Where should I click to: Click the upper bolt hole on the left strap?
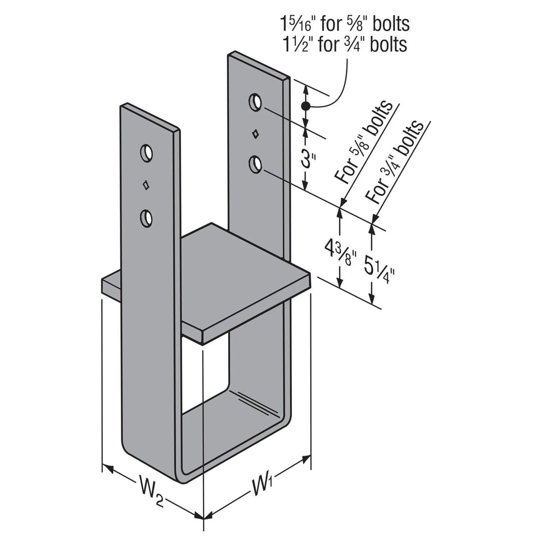(x=146, y=153)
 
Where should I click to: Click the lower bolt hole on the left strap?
(x=146, y=218)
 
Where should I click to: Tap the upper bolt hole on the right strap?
(x=255, y=102)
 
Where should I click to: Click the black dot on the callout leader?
(x=305, y=106)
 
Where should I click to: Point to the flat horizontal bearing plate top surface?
(x=222, y=275)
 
